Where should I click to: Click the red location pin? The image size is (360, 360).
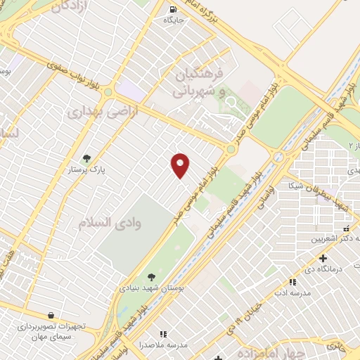pyautogui.click(x=180, y=165)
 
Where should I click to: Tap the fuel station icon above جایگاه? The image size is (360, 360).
pyautogui.click(x=173, y=10)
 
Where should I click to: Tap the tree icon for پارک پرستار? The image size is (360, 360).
pyautogui.click(x=86, y=158)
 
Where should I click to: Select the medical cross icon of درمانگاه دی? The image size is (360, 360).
pyautogui.click(x=322, y=258)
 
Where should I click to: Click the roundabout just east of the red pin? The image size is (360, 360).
pyautogui.click(x=231, y=148)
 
